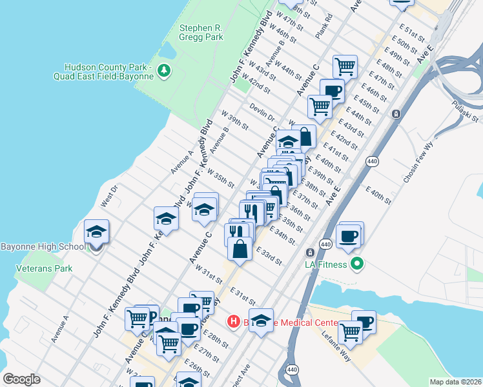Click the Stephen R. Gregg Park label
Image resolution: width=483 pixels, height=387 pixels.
pos(201,32)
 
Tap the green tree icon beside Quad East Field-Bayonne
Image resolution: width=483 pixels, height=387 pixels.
pos(165,70)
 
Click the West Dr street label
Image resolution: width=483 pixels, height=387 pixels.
pos(108,197)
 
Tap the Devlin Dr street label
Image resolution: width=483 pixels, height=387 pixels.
pos(262,113)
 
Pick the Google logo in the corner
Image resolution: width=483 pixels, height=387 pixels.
pos(21,379)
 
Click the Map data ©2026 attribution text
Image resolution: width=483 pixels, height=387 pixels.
pos(455,382)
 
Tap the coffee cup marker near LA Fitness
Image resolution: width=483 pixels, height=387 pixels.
pos(349,236)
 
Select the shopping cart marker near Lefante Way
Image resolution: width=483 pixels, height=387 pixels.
pos(350,332)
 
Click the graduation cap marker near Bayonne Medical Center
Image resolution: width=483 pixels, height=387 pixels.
pos(260,321)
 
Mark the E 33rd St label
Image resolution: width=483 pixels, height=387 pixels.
pos(269,256)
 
